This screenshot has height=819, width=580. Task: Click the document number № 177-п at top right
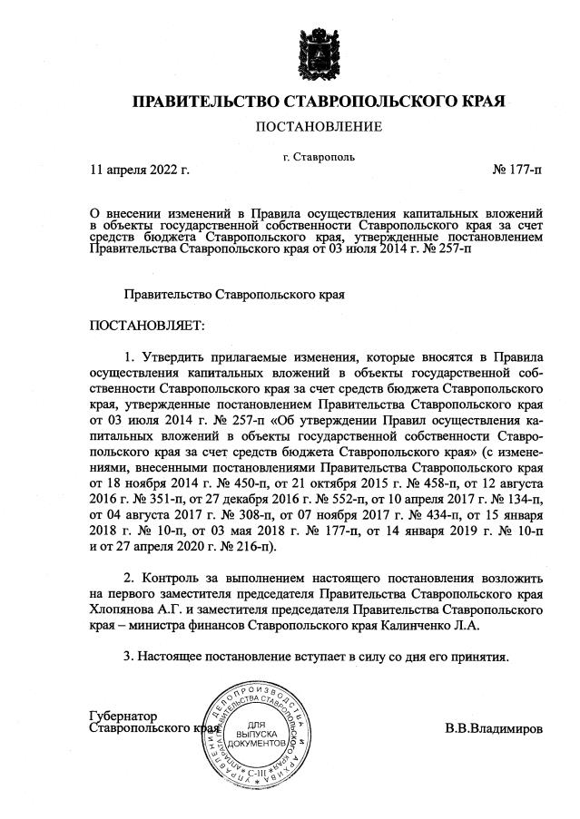(517, 169)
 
